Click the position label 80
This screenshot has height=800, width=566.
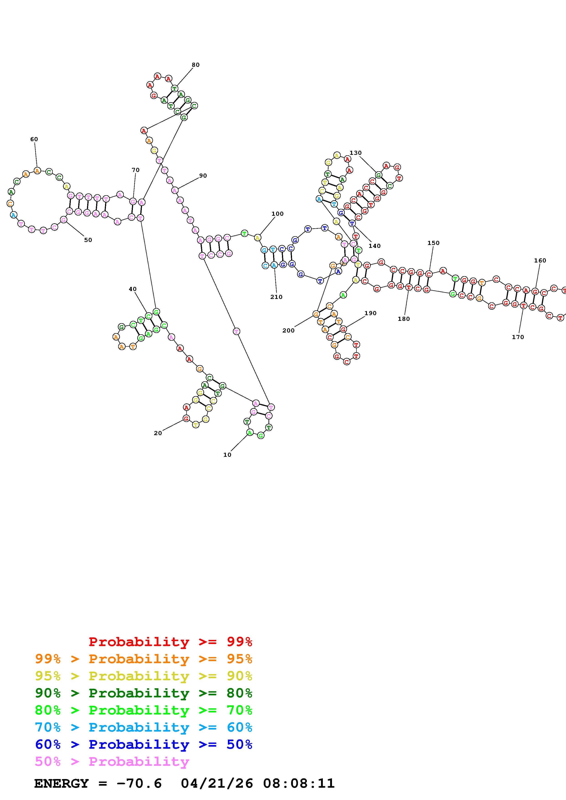[196, 65]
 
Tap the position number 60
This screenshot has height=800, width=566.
[34, 139]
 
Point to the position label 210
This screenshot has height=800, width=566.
[276, 297]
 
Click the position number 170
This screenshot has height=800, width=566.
[518, 337]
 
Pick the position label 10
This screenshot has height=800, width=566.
[227, 455]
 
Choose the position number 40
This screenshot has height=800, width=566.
[132, 289]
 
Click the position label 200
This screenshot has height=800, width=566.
[288, 330]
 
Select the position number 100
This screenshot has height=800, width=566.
[278, 214]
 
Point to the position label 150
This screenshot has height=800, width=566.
[434, 243]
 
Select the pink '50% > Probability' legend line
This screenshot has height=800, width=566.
[112, 761]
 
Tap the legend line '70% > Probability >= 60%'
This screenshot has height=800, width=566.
[144, 727]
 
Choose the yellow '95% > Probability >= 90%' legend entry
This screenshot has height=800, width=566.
[144, 676]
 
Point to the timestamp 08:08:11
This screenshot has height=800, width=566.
[299, 783]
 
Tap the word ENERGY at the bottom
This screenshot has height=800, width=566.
[61, 783]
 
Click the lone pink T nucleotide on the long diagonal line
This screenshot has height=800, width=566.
[237, 331]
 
